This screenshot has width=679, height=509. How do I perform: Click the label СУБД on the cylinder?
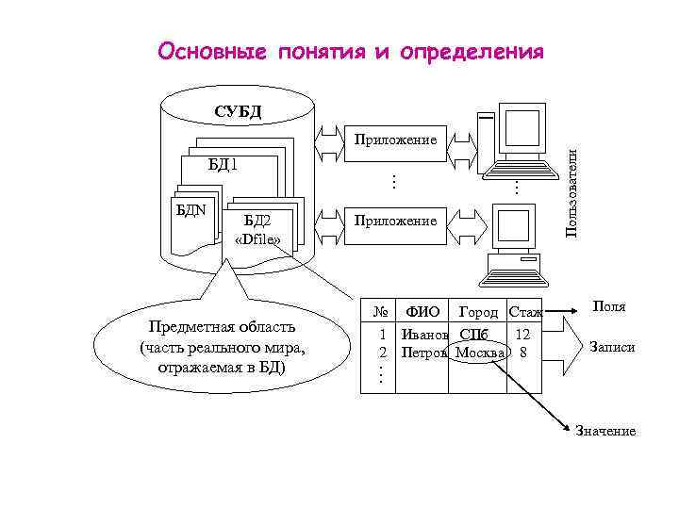[x=238, y=113]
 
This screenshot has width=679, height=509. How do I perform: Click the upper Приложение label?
[x=395, y=140]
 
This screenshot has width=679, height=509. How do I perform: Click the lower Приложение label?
[x=395, y=221]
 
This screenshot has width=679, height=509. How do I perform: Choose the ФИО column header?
[x=422, y=312]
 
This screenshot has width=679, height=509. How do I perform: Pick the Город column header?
[x=478, y=312]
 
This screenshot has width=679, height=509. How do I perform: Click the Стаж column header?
[x=524, y=312]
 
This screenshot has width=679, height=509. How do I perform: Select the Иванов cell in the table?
[x=423, y=334]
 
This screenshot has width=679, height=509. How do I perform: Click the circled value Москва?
[x=481, y=353]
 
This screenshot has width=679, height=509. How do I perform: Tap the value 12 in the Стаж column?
[x=523, y=334]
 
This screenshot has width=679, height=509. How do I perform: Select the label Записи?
[x=613, y=347]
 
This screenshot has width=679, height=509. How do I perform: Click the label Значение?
[x=605, y=431]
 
